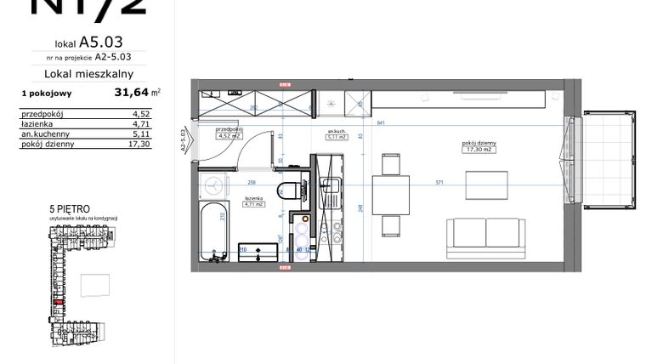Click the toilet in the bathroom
(x=288, y=191)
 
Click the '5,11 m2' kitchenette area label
(x=338, y=136)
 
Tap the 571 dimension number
(x=439, y=181)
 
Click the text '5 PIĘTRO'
(x=71, y=208)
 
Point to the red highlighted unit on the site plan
(x=59, y=300)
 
